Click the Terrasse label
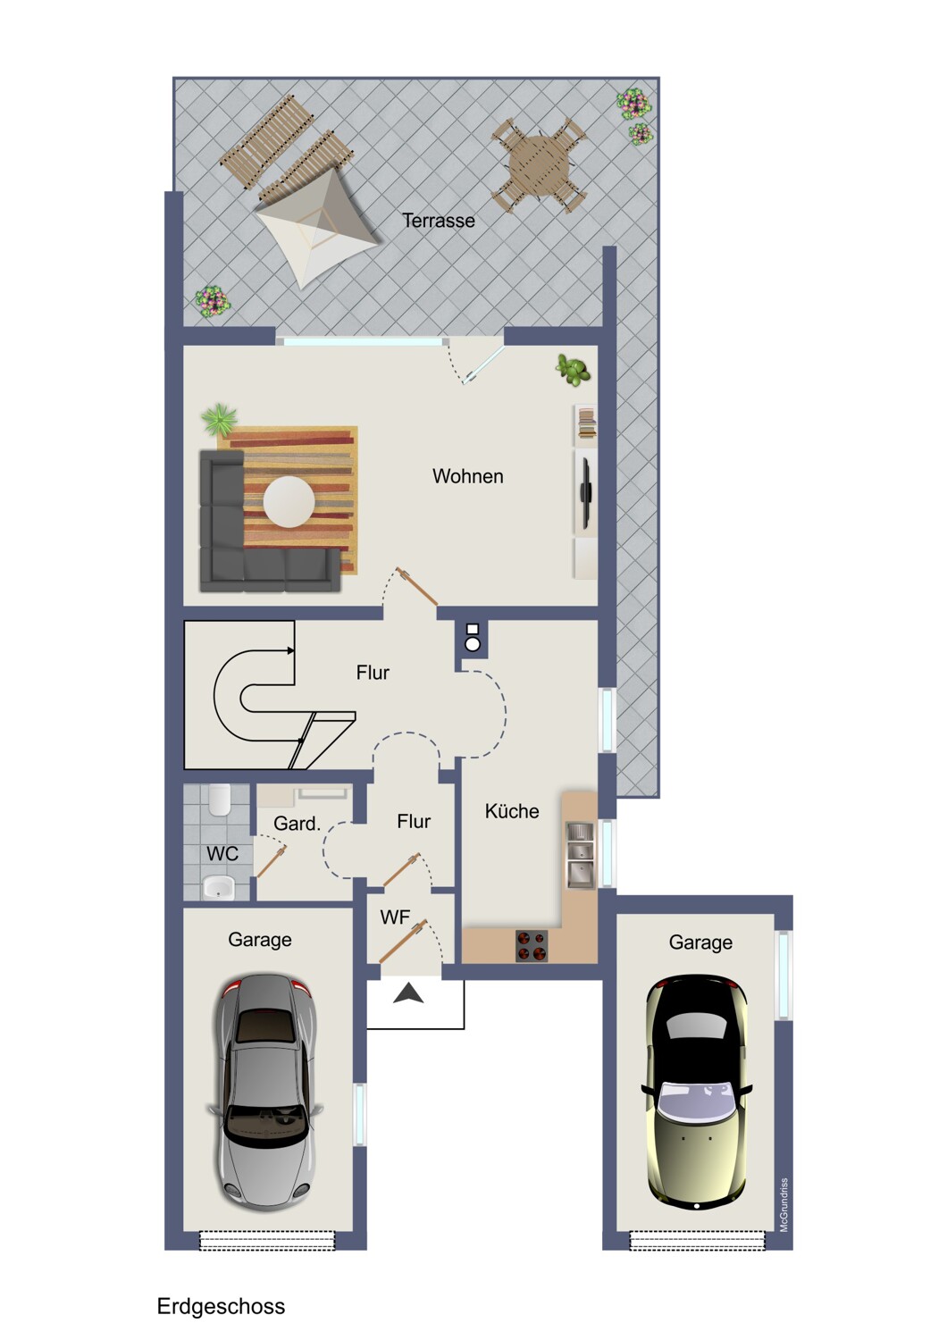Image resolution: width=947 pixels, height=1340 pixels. coord(439,221)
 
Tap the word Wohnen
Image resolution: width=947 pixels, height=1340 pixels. coord(468,476)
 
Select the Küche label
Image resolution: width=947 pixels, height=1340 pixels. coord(512,811)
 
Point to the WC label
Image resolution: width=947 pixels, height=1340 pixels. coord(222,854)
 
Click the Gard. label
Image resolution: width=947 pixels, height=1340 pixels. coord(298,824)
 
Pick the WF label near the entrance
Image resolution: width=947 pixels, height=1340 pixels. coord(396,917)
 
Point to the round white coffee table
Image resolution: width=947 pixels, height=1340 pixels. coord(289,501)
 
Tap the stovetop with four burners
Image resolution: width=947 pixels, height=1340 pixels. coord(532,946)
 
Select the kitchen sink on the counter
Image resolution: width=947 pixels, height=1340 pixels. coord(580,854)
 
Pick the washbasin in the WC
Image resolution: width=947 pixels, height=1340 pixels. coord(218,888)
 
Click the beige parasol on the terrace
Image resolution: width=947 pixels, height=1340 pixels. coord(316,228)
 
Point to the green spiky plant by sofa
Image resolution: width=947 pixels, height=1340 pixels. coord(220,419)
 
